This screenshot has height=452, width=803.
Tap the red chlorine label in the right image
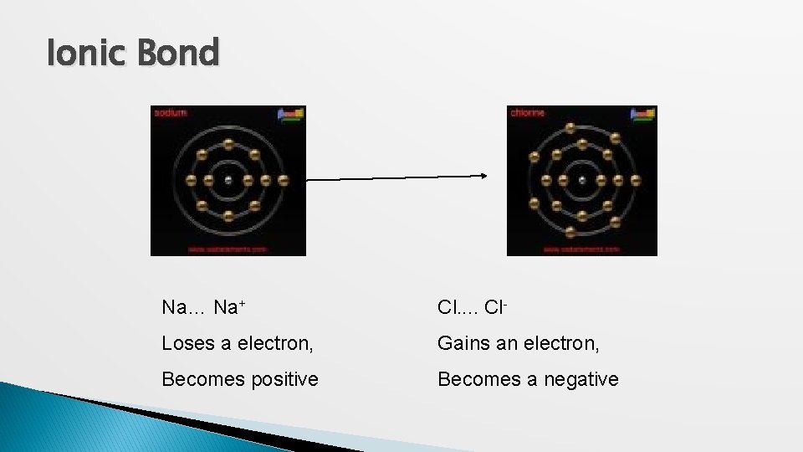(x=526, y=111)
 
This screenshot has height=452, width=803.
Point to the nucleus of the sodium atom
(x=228, y=180)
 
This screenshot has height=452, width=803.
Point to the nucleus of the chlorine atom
(x=582, y=180)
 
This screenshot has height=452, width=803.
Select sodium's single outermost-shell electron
(x=284, y=180)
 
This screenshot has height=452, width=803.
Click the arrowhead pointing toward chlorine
(x=483, y=176)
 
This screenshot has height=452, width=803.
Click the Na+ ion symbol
(x=228, y=307)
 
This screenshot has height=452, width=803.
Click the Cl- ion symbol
(x=496, y=307)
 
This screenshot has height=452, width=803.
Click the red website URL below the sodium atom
(x=227, y=249)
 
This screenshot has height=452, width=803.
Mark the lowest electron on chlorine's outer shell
(x=571, y=232)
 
